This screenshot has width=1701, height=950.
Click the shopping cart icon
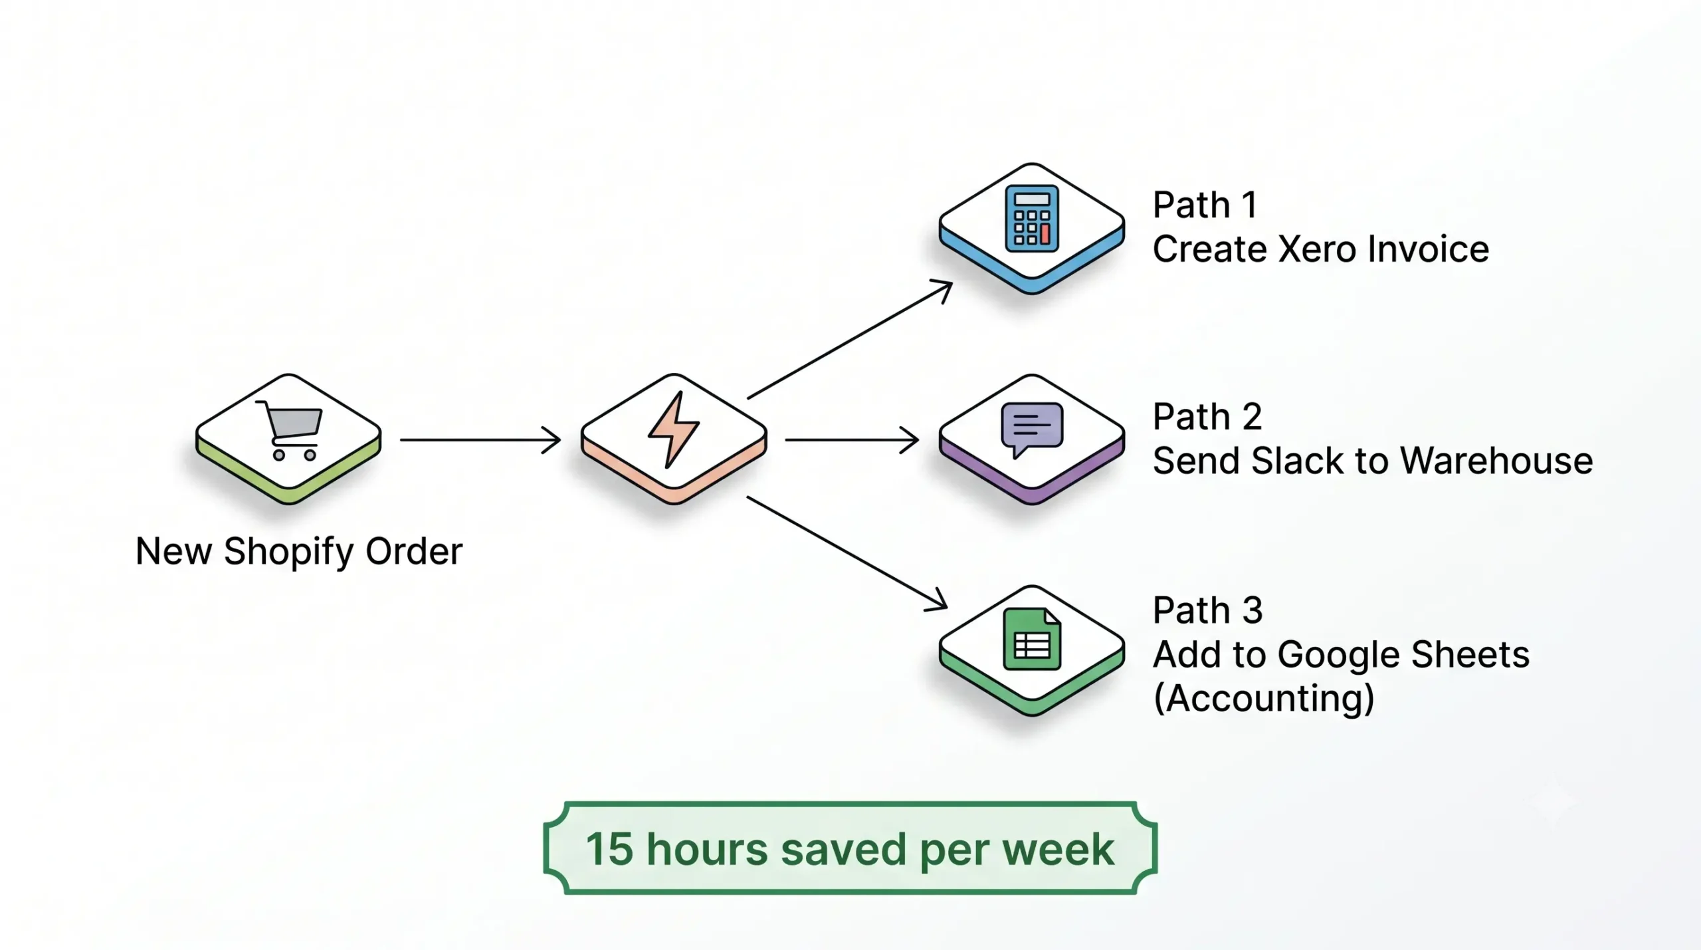[x=290, y=429]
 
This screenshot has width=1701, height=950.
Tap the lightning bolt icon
[x=674, y=429]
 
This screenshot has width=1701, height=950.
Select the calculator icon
[x=1031, y=219]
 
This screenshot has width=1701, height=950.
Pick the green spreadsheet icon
[x=1032, y=639]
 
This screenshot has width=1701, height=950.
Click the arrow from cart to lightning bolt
[x=480, y=440]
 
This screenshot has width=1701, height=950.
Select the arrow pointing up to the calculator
[x=850, y=339]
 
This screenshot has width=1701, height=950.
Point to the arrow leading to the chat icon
[x=852, y=440]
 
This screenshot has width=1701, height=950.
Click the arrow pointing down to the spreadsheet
[x=847, y=553]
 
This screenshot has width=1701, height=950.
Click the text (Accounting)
[x=1264, y=698]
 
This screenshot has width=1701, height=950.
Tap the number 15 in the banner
[x=609, y=849]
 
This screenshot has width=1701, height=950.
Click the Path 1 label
[x=1205, y=205]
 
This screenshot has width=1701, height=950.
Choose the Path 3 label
[x=1207, y=610]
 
